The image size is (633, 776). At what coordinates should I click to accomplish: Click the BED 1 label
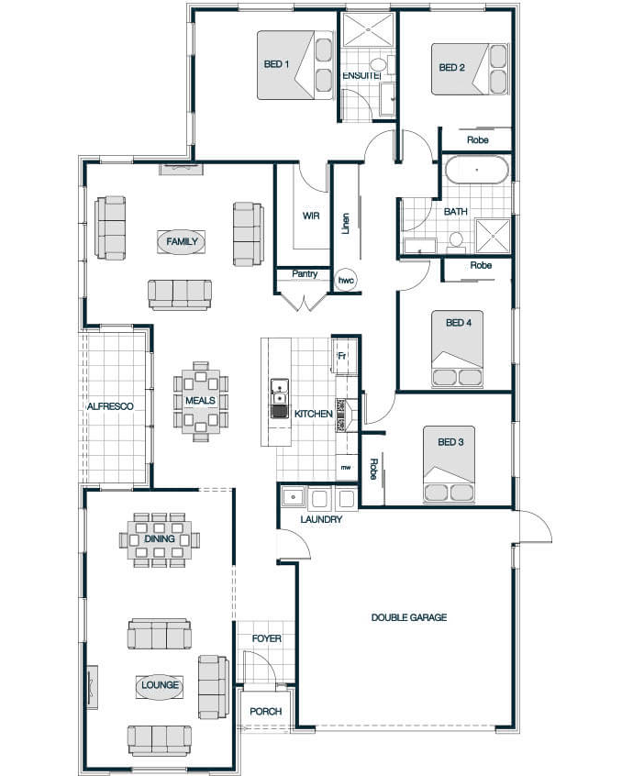(276, 64)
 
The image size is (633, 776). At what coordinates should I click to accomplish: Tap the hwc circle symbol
(346, 281)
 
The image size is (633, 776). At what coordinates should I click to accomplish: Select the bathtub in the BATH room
(477, 170)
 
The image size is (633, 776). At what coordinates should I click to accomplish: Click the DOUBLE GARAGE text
(409, 617)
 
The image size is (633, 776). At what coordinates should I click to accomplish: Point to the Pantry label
(305, 273)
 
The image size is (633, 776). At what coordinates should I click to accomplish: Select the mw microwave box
(346, 467)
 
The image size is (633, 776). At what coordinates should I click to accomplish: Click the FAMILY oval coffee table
(182, 242)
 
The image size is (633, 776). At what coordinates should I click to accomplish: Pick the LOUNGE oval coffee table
(160, 685)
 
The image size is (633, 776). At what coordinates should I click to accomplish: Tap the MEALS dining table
(200, 401)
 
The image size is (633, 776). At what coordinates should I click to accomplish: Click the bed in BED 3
(449, 465)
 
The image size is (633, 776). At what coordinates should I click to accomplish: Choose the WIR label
(311, 216)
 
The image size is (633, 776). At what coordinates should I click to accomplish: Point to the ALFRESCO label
(110, 406)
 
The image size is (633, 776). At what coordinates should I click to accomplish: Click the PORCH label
(266, 711)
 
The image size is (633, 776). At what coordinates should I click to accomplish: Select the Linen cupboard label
(346, 224)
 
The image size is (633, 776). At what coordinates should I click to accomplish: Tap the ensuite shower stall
(369, 29)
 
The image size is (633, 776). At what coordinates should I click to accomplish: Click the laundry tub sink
(294, 496)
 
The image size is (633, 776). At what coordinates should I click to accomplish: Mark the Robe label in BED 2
(478, 140)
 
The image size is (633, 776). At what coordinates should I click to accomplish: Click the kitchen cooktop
(341, 415)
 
